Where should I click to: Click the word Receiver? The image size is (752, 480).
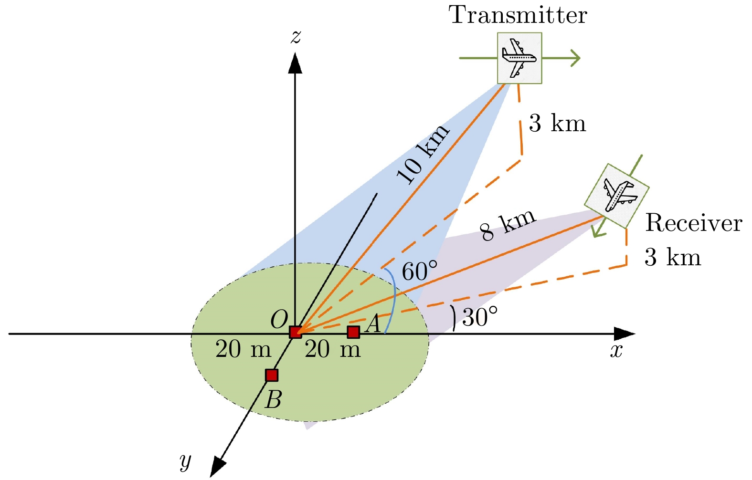coord(693,223)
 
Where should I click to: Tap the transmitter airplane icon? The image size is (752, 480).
coord(519,58)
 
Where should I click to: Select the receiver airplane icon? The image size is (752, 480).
coord(617,196)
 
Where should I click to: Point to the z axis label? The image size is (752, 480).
coord(296,36)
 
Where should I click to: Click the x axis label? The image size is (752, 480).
coord(616,351)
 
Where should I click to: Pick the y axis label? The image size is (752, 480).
coord(186,460)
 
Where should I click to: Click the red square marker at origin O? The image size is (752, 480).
coord(296,332)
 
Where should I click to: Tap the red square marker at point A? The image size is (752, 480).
coord(353,332)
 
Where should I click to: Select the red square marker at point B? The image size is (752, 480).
coord(272,375)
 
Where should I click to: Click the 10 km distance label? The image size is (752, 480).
coord(422,154)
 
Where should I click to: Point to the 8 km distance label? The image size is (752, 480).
coord(508,224)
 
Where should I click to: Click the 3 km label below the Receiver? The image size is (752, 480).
coord(673,257)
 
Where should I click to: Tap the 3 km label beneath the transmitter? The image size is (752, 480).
coord(557,123)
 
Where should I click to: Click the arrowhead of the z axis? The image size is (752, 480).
coord(295,63)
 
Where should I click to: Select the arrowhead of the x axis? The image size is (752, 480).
coord(625,334)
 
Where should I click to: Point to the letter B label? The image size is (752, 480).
coord(274,400)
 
